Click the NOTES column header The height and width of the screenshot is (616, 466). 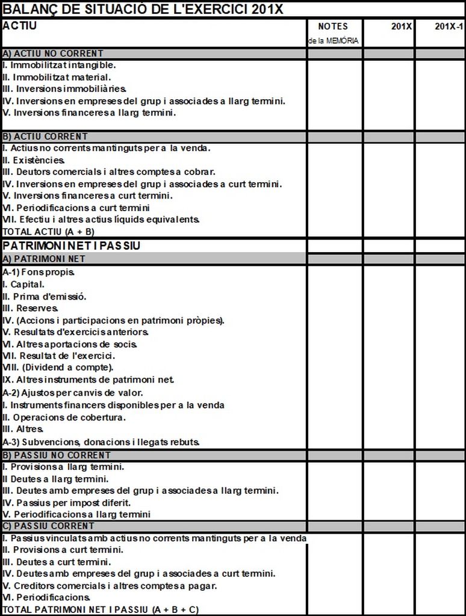coord(332,26)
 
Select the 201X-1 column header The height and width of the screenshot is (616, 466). coord(449,26)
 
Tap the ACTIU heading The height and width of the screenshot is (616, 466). coord(20,26)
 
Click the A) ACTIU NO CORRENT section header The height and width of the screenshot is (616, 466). coord(53,54)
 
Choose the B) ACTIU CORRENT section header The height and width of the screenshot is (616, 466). coord(45,137)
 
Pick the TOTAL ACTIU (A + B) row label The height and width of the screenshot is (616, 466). coord(49,231)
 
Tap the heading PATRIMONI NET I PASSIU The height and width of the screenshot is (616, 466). coord(71,246)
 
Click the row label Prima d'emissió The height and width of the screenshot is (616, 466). coord(45,296)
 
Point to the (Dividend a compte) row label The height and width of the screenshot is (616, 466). coord(58,367)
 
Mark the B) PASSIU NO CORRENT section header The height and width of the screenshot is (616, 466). coord(57,455)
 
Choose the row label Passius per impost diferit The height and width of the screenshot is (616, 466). coord(67,502)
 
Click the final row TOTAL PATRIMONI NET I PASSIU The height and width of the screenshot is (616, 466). coord(101,609)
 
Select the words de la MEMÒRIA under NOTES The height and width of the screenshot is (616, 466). coord(333,41)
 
